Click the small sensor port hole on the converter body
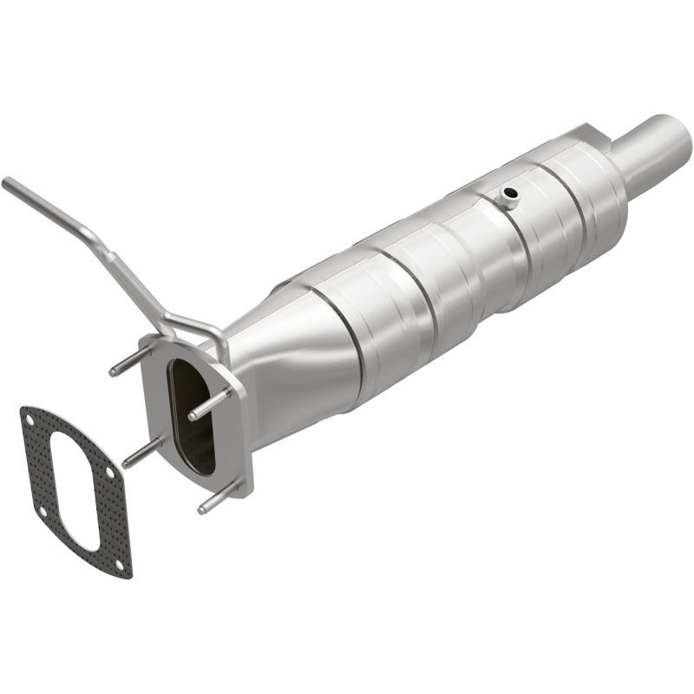510,193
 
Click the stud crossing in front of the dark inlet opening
208,403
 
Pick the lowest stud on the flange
218,501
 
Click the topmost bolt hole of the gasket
30,420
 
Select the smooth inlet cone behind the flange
295,364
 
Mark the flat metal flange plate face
234,434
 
